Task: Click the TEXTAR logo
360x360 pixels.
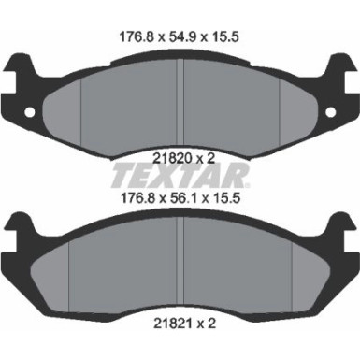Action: [x=180, y=177]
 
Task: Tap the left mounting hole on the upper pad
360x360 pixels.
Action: [x=30, y=112]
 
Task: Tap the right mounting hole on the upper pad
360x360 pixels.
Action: [x=331, y=112]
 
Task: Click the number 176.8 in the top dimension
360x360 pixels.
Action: [x=137, y=37]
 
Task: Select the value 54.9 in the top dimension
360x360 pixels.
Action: [x=181, y=37]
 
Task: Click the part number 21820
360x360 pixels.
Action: [x=172, y=158]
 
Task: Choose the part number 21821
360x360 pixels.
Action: [x=172, y=324]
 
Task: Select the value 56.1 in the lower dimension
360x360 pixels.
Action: [x=181, y=198]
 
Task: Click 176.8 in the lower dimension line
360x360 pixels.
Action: [x=137, y=198]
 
